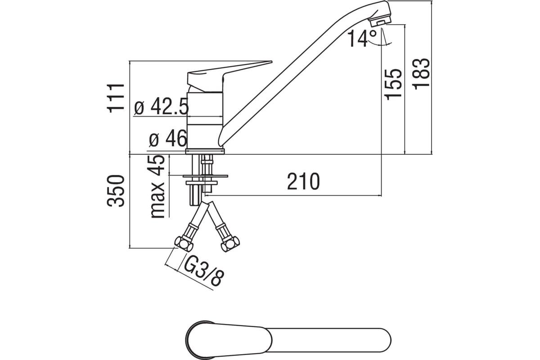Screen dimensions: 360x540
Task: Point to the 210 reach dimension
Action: [304, 181]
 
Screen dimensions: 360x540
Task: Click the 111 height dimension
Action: [116, 97]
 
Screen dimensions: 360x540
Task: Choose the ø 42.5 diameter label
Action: [161, 107]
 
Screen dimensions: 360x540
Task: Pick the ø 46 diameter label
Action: [167, 139]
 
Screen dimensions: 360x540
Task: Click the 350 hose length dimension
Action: [116, 190]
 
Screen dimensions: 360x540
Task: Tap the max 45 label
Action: [157, 187]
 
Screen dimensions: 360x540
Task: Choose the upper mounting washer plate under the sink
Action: [206, 174]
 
